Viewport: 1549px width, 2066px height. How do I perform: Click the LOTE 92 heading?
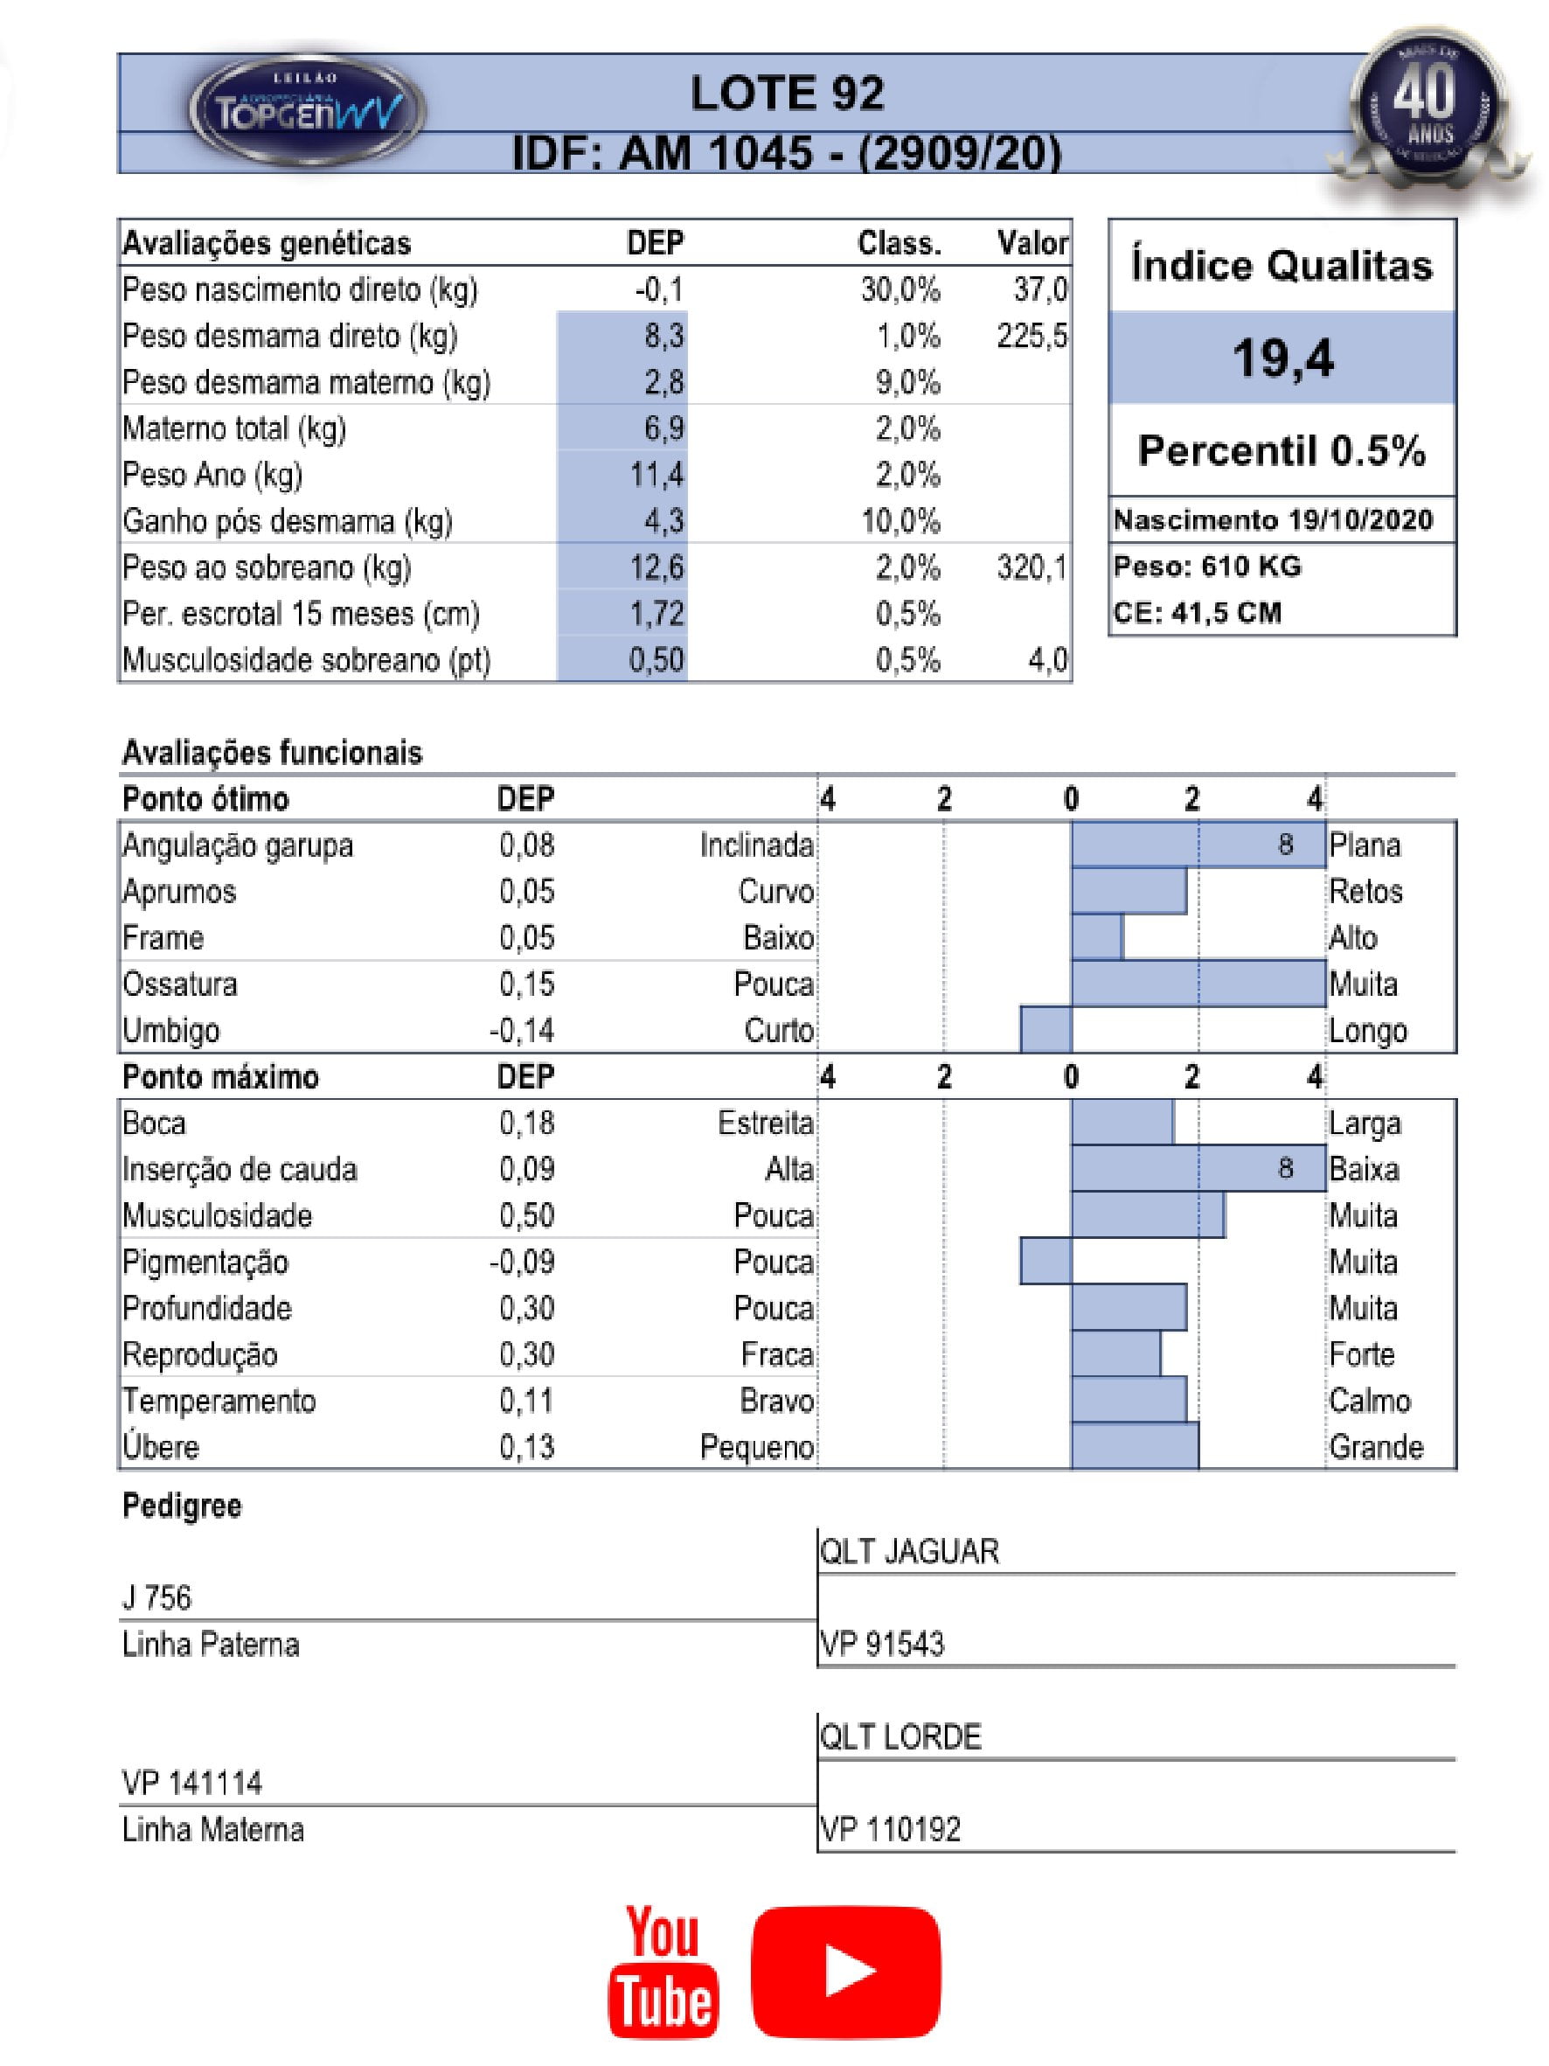coord(786,94)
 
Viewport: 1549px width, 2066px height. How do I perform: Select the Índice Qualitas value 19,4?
coord(1282,358)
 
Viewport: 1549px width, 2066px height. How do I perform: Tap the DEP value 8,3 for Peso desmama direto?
coord(663,337)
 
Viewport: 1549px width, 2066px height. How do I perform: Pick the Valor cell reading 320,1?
coord(1031,567)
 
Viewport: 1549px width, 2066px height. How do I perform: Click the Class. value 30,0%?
coord(900,289)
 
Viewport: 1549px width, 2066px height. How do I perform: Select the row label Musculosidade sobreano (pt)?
coord(306,660)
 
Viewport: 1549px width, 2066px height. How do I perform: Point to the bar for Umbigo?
coord(1045,1029)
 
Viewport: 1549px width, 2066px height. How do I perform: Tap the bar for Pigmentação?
coord(1045,1261)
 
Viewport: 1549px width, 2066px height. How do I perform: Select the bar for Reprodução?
coord(1115,1353)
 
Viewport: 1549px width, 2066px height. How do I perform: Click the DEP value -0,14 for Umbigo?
coord(522,1030)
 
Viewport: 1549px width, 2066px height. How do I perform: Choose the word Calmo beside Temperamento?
coord(1369,1400)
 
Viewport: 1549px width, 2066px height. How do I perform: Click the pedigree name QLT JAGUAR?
coord(909,1551)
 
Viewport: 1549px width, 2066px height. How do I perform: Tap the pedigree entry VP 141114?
coord(191,1783)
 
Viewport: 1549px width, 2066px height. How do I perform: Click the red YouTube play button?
coord(846,1972)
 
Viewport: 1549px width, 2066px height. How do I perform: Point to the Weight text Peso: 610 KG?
coord(1206,566)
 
